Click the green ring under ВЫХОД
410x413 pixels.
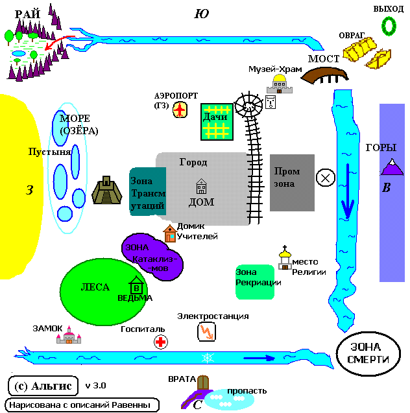[389, 25]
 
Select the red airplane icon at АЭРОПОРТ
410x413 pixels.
[180, 110]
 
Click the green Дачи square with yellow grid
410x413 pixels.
[215, 121]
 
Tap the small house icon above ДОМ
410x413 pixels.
[201, 187]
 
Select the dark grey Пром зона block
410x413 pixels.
[292, 182]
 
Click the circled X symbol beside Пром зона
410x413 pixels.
[324, 177]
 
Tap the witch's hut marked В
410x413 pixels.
[136, 285]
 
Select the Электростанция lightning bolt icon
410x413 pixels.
[206, 332]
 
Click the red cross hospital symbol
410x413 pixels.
[160, 342]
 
